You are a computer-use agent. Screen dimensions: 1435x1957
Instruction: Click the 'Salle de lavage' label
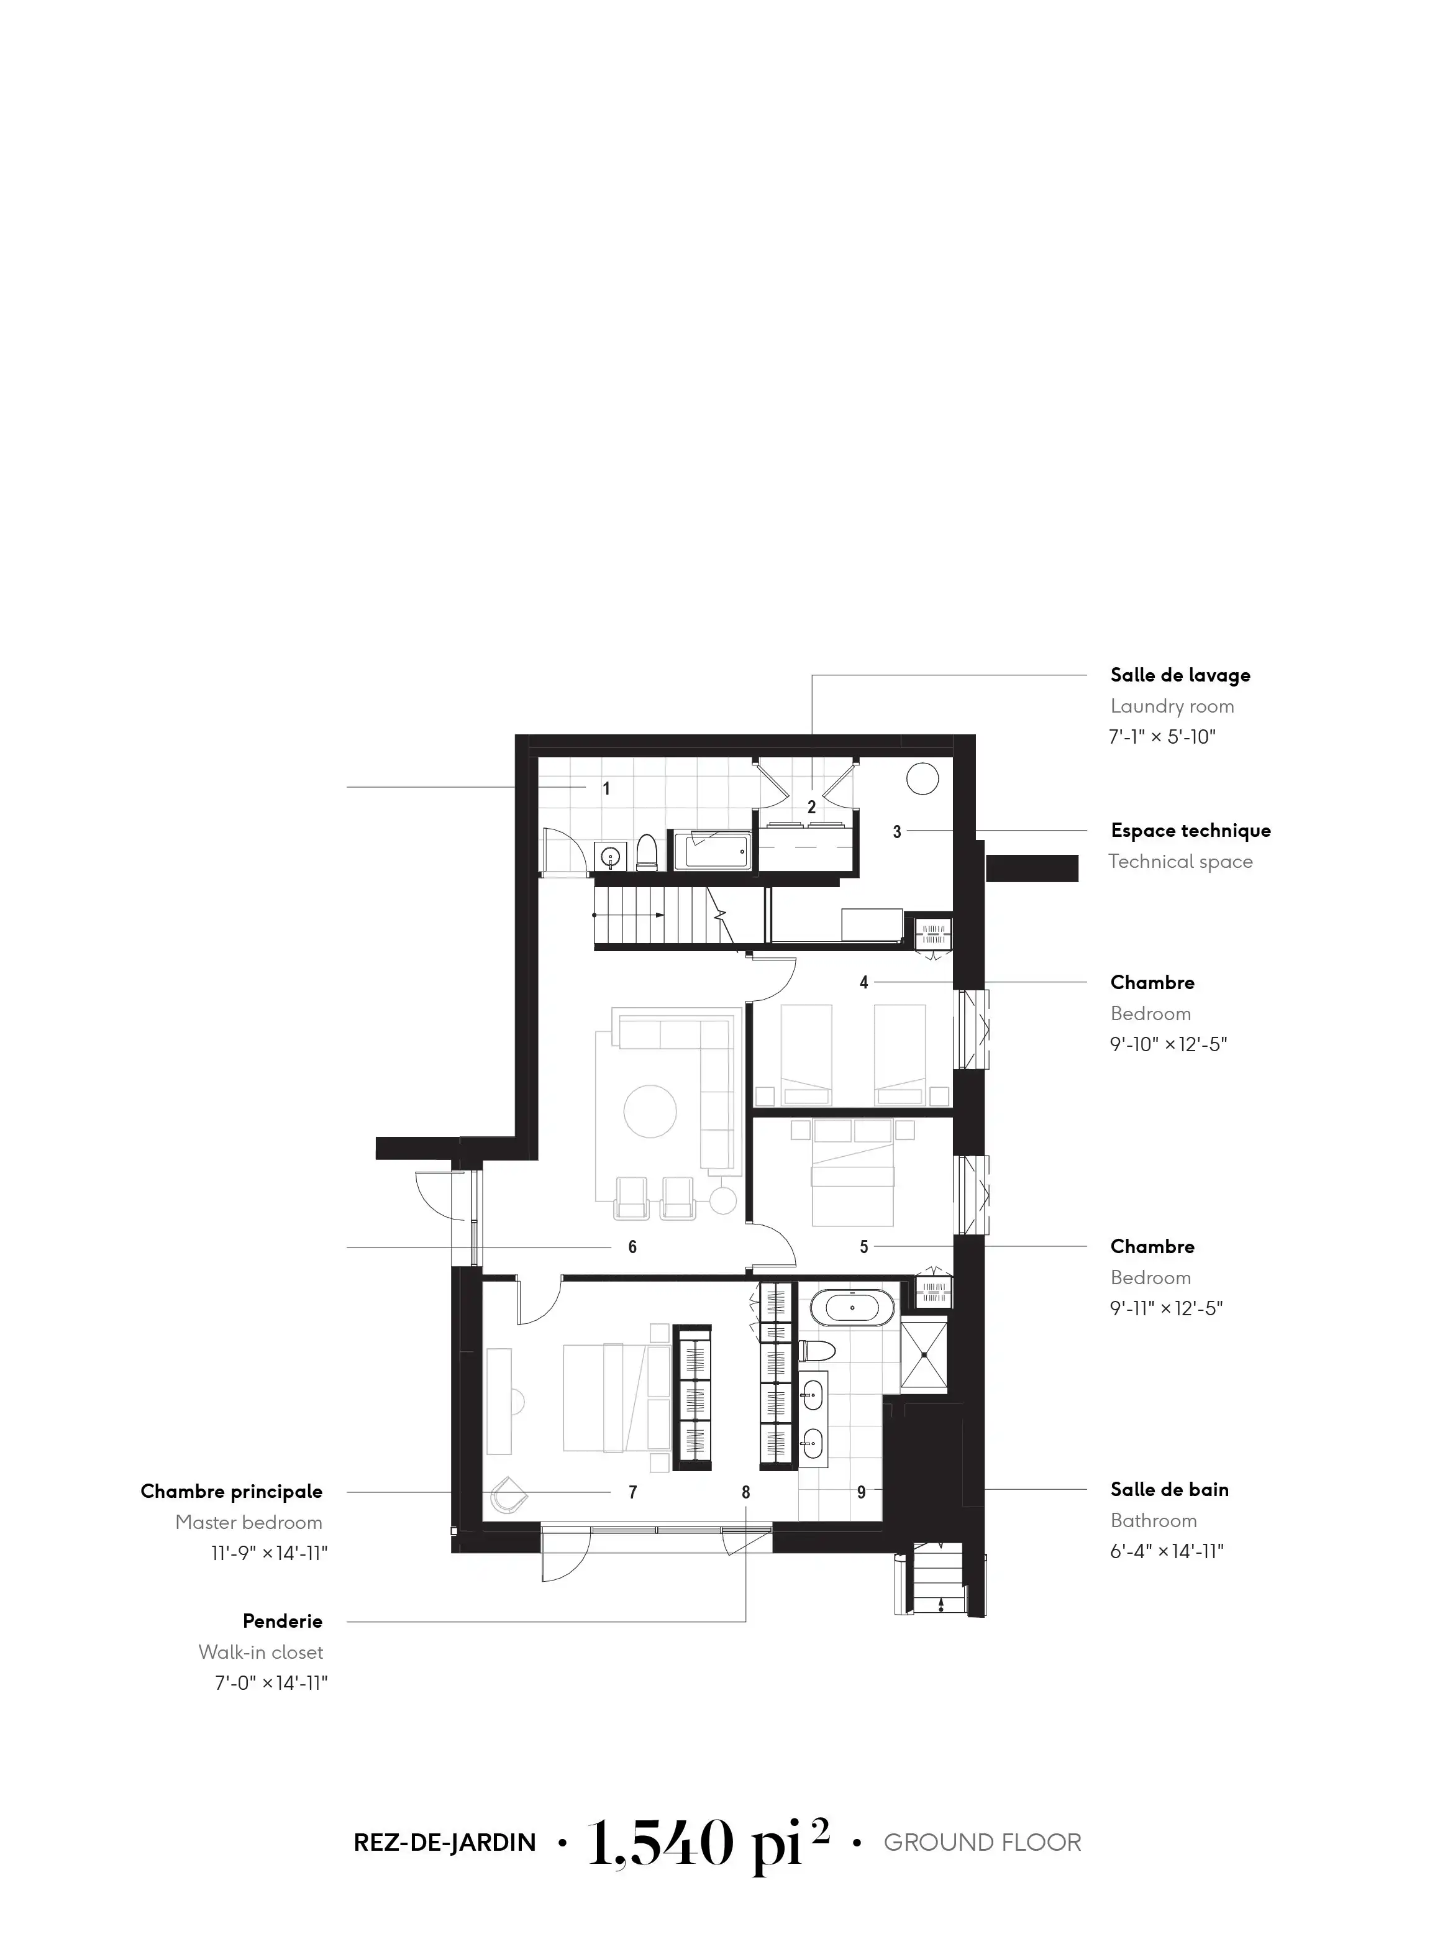[1180, 675]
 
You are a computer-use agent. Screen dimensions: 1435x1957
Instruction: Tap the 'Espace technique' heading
[1190, 831]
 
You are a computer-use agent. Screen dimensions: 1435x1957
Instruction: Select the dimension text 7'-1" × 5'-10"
[1162, 737]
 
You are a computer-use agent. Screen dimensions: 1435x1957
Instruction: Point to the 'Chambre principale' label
[231, 1492]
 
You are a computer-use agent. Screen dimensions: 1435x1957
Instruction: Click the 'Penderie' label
[282, 1621]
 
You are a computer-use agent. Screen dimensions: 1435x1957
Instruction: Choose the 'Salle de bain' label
[1169, 1490]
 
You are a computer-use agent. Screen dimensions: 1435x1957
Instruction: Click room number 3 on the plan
[897, 831]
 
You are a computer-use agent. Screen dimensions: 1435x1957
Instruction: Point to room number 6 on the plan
[632, 1248]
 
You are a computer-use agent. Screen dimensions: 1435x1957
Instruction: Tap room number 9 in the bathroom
[861, 1492]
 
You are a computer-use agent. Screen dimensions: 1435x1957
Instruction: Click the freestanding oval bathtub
[853, 1307]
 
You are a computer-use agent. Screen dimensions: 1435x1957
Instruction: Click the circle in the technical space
[922, 778]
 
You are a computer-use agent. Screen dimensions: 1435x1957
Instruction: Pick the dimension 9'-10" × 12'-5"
[1168, 1044]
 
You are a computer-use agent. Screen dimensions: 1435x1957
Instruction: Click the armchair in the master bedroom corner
[509, 1497]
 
